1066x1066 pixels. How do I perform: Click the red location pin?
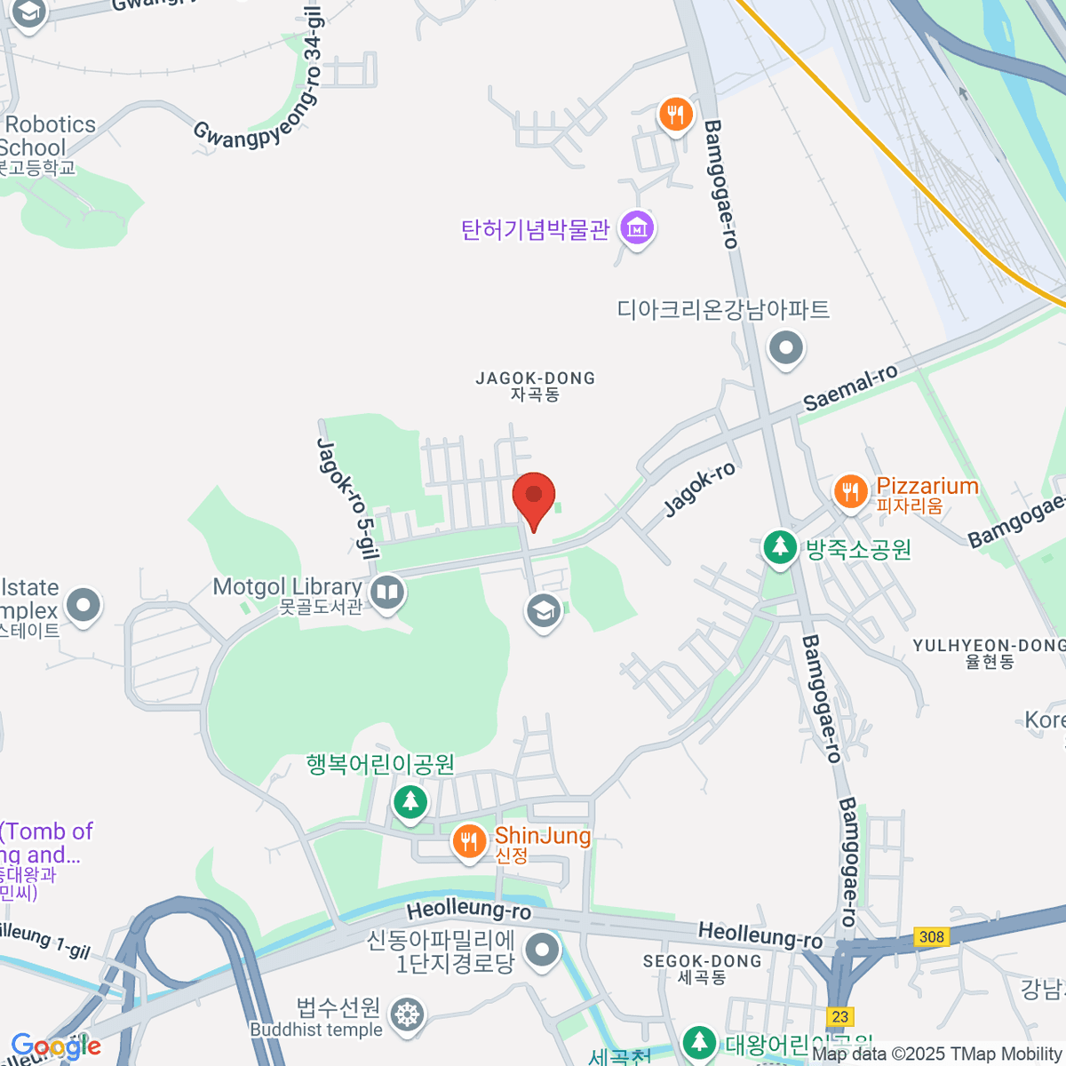click(534, 497)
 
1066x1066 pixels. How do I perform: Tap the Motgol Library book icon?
click(387, 592)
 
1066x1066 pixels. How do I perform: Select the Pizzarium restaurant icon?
click(851, 491)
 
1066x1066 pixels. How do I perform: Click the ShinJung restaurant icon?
click(469, 840)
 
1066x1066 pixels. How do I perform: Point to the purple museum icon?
click(637, 228)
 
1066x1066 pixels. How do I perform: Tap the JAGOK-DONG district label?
click(535, 386)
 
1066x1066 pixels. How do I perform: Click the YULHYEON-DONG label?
click(988, 652)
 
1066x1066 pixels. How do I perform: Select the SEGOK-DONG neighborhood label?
click(702, 968)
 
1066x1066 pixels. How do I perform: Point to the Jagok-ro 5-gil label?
click(348, 498)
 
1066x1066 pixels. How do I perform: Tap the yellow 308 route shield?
click(931, 937)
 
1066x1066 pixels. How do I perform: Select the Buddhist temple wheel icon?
click(407, 1014)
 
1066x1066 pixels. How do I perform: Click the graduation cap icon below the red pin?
click(543, 611)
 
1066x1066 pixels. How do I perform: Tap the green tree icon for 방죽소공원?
click(780, 546)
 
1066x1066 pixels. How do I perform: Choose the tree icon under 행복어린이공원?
click(410, 802)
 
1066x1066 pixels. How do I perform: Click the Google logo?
click(55, 1046)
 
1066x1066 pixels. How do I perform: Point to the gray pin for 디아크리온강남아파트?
click(786, 347)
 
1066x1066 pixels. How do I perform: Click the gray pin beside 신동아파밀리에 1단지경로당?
click(541, 951)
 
